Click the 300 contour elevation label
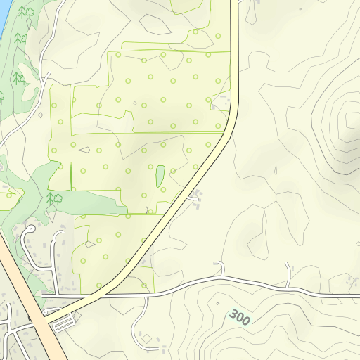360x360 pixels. (x=240, y=317)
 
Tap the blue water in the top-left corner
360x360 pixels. (x=3, y=14)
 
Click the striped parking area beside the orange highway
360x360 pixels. (x=63, y=323)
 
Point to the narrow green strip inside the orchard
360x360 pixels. (x=160, y=176)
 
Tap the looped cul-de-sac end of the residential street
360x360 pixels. (x=30, y=233)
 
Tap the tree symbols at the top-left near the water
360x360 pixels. (x=27, y=13)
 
